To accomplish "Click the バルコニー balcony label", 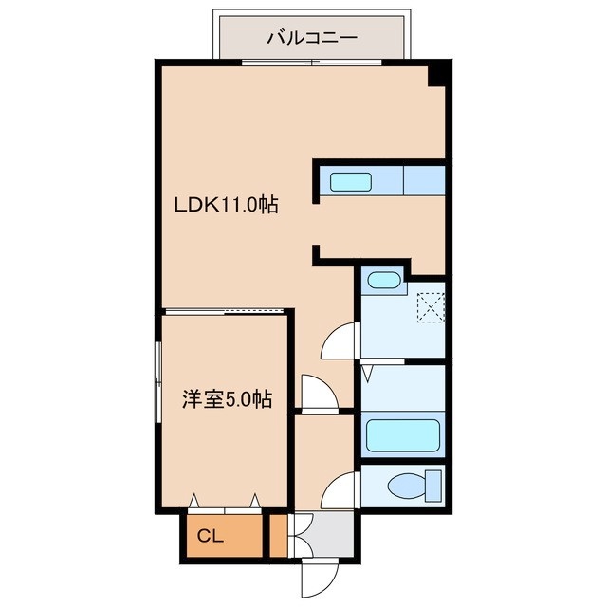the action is (312, 38).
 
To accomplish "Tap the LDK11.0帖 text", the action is (226, 205).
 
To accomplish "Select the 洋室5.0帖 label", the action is (228, 399).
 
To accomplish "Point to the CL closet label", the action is (211, 536).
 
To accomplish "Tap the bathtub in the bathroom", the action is (402, 435).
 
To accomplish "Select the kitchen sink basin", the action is (351, 182).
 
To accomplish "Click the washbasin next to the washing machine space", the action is (383, 281).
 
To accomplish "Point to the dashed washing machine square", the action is (431, 307).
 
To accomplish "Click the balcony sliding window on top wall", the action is (312, 63).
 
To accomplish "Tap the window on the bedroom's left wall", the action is (157, 382).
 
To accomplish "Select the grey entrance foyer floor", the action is (324, 534).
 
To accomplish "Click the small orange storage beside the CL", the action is (278, 536).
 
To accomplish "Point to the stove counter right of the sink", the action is (424, 180).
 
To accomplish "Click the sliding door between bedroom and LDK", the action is (226, 311).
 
